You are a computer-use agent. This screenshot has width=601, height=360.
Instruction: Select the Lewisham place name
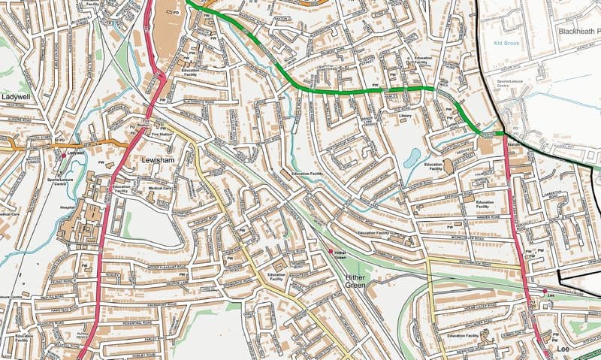159,161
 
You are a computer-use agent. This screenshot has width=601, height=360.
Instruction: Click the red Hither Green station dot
331,250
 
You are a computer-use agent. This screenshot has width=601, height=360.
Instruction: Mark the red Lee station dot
544,291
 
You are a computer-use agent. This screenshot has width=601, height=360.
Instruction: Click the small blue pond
412,158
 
